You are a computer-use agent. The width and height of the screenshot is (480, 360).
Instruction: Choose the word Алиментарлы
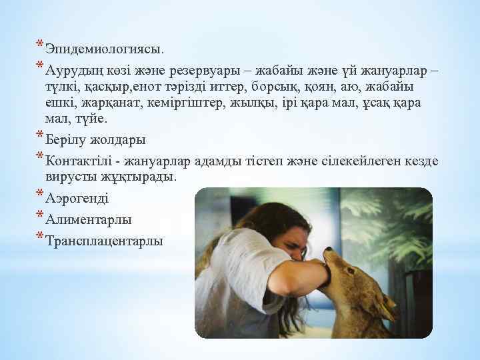pos(89,219)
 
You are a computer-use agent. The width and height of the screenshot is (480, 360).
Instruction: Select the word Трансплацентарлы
pos(105,241)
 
